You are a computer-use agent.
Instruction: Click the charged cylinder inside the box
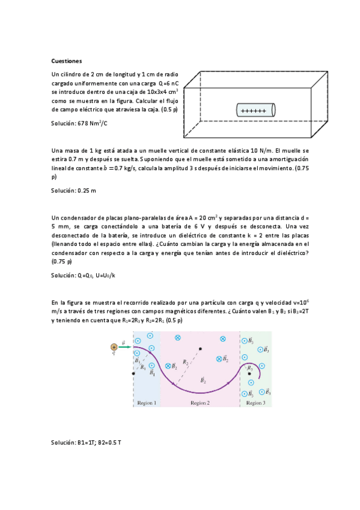tap(255, 111)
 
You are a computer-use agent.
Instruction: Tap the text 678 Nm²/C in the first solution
tap(93, 123)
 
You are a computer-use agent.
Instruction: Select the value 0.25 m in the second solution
tap(87, 190)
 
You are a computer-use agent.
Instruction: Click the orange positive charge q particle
tap(114, 347)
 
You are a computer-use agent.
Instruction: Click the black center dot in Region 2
tap(200, 348)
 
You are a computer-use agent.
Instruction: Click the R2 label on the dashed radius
tap(186, 363)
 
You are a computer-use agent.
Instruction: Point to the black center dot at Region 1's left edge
tap(133, 373)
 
